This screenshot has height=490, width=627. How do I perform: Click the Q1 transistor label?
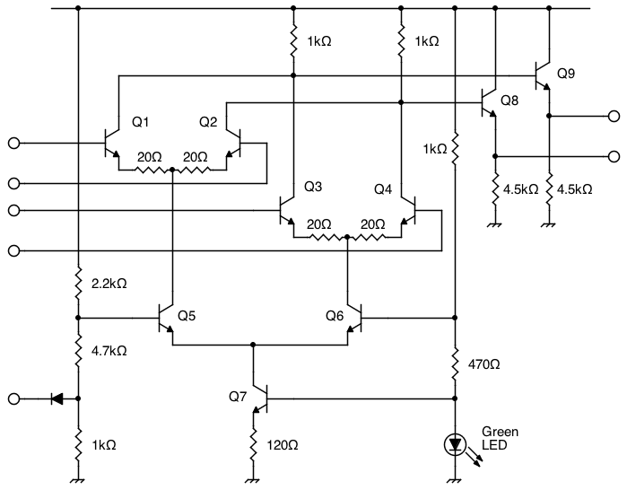point(142,120)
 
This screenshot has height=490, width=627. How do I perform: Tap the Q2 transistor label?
point(209,120)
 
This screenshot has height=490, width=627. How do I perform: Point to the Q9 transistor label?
point(566,74)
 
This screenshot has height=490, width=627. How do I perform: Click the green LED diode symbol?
point(457,443)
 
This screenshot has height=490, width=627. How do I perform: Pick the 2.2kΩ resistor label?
point(109,283)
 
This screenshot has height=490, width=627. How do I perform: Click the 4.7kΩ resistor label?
point(109,353)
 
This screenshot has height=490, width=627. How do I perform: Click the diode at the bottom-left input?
point(57,398)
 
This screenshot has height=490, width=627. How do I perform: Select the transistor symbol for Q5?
point(167,319)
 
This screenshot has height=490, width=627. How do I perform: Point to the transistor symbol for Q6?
point(353,319)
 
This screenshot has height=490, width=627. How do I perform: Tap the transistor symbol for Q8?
point(488,101)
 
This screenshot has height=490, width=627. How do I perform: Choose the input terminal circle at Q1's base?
point(13,143)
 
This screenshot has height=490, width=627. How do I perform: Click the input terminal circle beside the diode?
point(13,398)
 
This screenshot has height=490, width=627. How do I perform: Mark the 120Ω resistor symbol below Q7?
point(253,442)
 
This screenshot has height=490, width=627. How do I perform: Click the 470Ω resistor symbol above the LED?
point(457,365)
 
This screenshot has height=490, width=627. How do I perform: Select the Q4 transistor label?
point(383,188)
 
